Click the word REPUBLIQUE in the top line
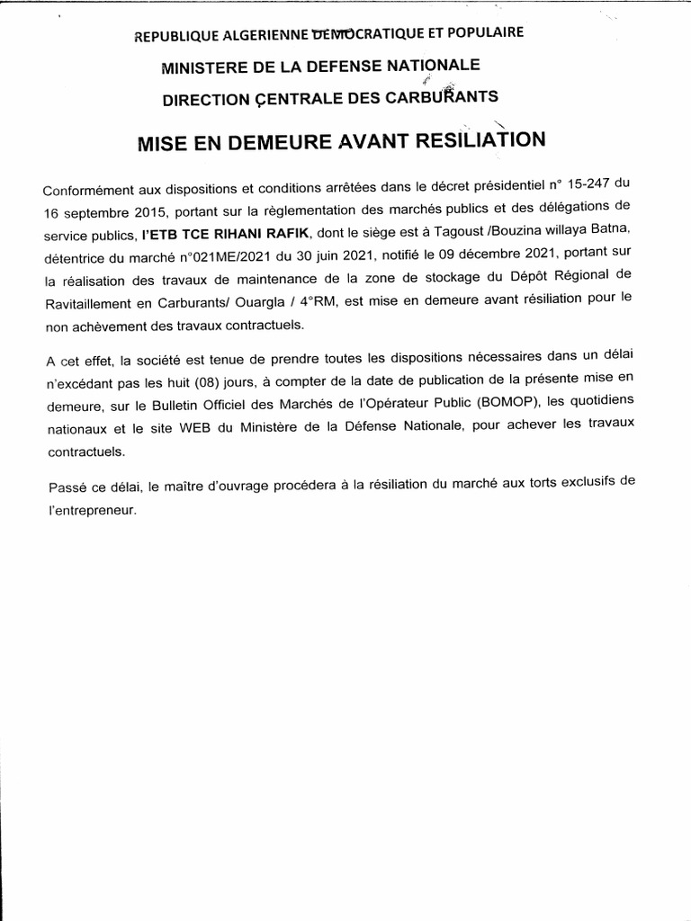175,36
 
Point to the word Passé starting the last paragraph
67,487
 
